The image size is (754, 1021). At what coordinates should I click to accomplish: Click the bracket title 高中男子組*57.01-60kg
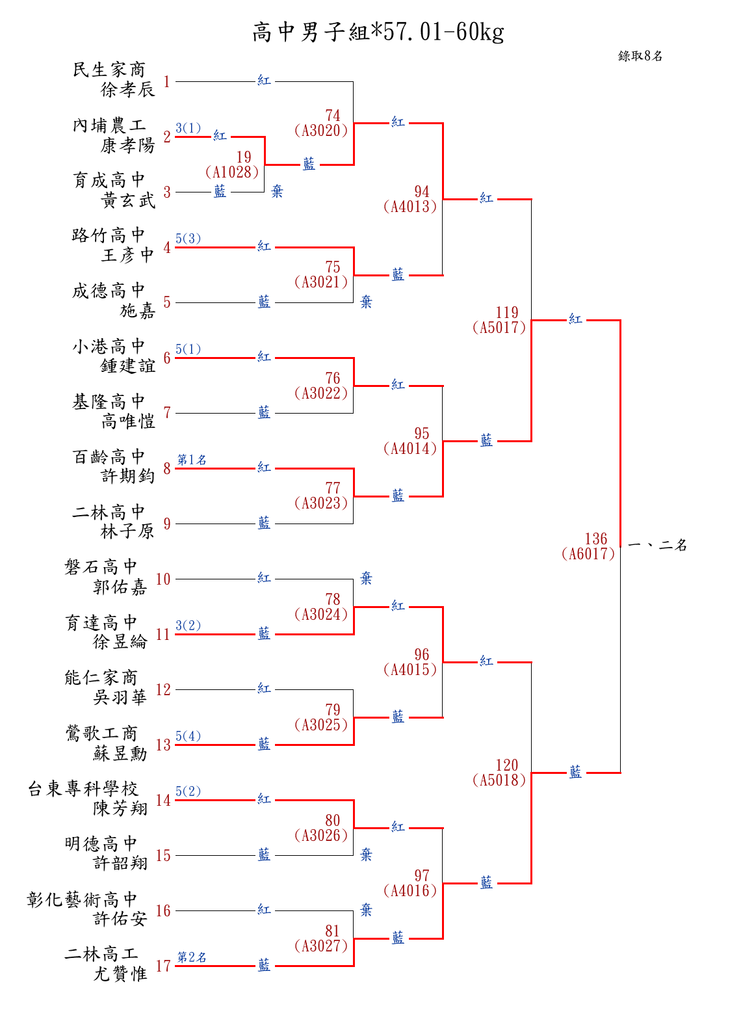tap(378, 33)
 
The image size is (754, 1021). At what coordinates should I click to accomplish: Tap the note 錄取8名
tap(640, 56)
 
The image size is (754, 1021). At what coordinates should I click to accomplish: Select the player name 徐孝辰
tap(127, 89)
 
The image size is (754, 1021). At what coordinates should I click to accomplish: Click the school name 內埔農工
tap(109, 125)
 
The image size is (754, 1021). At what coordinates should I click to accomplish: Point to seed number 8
tap(166, 468)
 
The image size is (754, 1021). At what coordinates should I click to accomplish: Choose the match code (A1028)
tap(232, 172)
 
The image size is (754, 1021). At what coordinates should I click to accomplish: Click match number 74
tap(332, 115)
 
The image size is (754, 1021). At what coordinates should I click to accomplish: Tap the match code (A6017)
tap(588, 553)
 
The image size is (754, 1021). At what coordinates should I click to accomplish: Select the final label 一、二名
tap(657, 545)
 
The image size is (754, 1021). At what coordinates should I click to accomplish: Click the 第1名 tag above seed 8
tap(192, 459)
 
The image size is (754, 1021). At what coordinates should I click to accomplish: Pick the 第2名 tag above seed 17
tap(192, 957)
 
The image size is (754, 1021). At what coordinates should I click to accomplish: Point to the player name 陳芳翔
tap(120, 808)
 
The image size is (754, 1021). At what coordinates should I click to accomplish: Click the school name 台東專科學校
tap(83, 788)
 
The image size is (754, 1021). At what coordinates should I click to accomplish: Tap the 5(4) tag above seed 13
tap(188, 736)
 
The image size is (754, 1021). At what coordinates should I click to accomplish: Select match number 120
tap(507, 765)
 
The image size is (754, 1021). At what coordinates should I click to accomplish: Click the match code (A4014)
tap(409, 448)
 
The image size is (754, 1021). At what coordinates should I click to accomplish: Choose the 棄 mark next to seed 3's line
tap(277, 191)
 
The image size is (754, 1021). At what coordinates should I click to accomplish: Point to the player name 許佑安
tap(120, 918)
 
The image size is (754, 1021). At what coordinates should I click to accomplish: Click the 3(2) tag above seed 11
tap(188, 625)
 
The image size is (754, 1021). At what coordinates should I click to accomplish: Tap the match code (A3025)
tap(321, 724)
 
